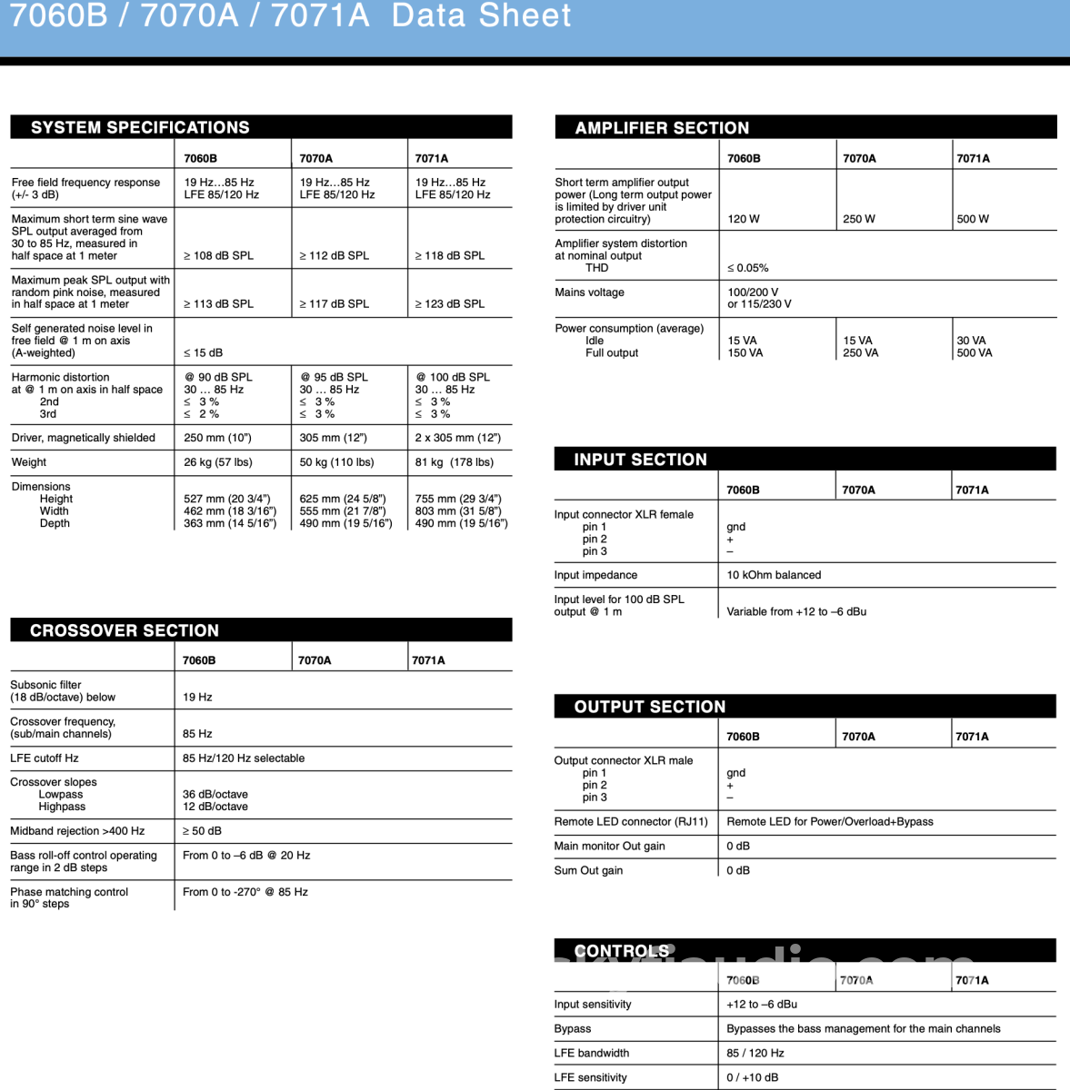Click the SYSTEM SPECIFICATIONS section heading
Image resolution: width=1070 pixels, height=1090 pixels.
click(x=140, y=127)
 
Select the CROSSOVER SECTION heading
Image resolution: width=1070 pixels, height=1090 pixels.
click(x=125, y=630)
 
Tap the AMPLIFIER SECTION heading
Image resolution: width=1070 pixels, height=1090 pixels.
click(x=662, y=128)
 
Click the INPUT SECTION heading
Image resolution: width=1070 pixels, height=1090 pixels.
click(x=640, y=460)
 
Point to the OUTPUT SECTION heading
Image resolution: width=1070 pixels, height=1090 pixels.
click(x=649, y=707)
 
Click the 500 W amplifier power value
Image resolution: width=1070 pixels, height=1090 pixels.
click(x=973, y=219)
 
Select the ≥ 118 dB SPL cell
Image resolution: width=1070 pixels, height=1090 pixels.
click(x=450, y=256)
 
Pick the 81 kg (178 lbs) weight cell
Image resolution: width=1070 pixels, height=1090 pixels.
click(x=455, y=462)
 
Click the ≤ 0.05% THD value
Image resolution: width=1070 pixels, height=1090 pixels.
click(x=747, y=268)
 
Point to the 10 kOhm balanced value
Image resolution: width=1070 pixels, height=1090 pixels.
click(x=774, y=575)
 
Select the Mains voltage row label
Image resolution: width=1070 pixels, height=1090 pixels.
click(x=589, y=292)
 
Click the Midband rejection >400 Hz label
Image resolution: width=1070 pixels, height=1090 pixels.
click(x=77, y=831)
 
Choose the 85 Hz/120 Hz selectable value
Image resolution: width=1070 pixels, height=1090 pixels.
click(x=244, y=758)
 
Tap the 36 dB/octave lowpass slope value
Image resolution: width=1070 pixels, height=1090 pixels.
click(x=215, y=794)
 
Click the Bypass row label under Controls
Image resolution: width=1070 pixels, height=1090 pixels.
click(x=573, y=1029)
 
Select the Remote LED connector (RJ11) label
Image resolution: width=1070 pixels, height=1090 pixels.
click(x=631, y=822)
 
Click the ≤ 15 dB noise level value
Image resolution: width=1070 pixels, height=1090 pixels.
click(x=203, y=352)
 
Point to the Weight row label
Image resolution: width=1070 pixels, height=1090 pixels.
click(x=29, y=462)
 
